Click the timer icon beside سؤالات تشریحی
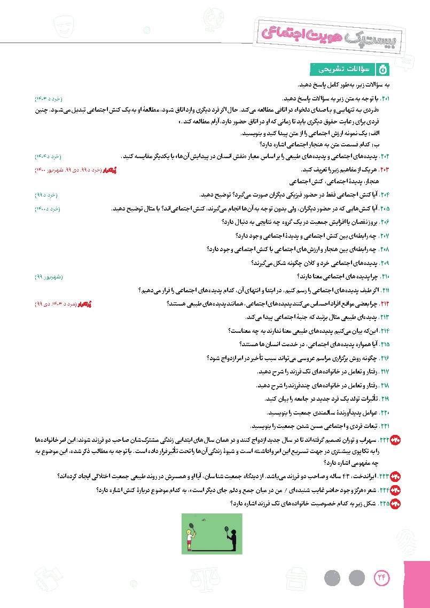click(383, 69)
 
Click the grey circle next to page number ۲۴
click(356, 578)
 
